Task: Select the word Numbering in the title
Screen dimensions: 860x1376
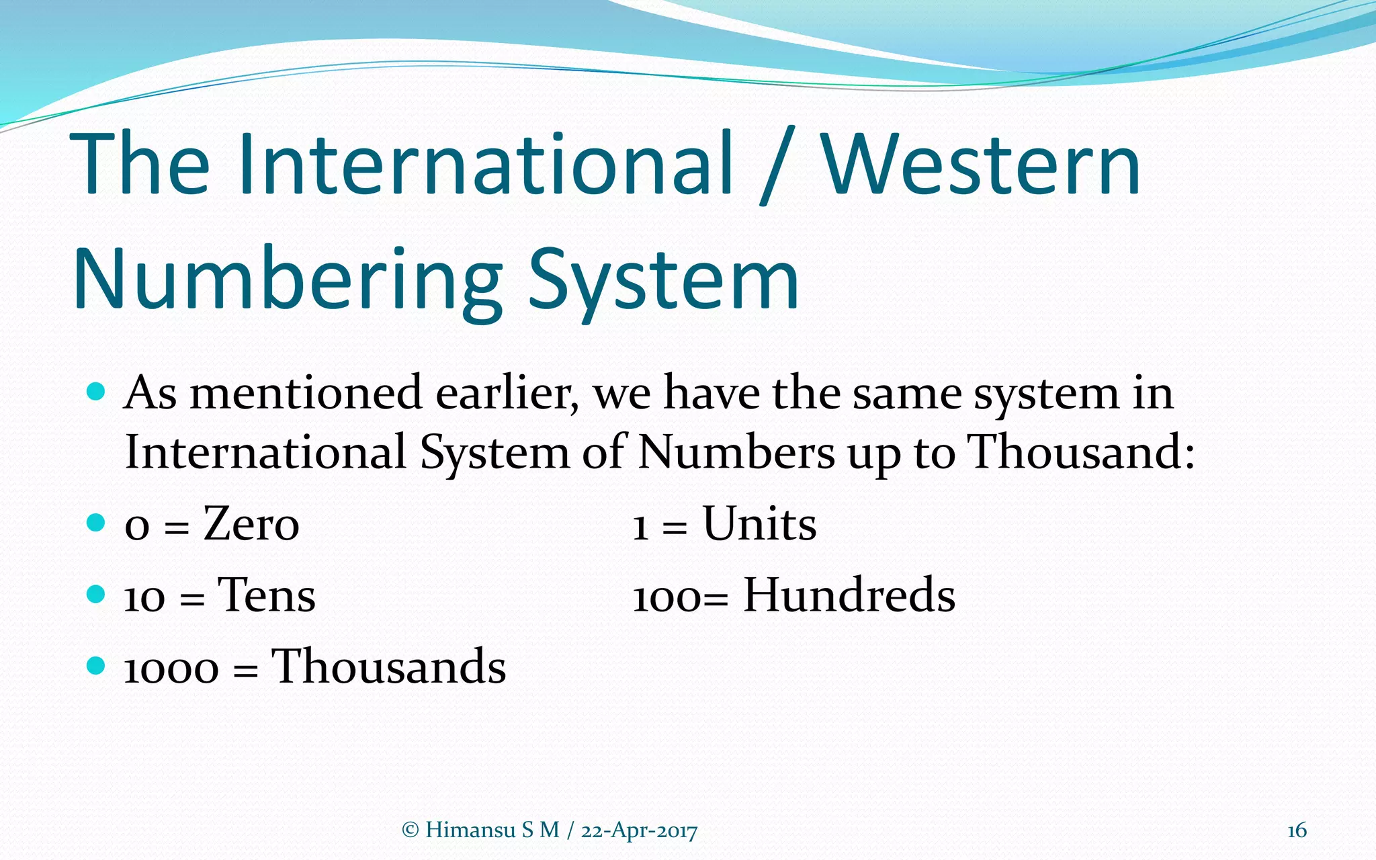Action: [288, 281]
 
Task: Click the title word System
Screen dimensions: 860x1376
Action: [663, 281]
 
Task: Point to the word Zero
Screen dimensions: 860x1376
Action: [251, 524]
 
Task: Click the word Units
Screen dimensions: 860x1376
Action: [759, 524]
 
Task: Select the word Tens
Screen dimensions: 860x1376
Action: [266, 596]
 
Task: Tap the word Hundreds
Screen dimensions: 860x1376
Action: [849, 596]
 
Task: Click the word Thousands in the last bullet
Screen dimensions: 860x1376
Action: [388, 667]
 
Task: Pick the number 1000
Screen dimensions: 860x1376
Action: [171, 670]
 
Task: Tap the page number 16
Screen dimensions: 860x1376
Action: [1296, 830]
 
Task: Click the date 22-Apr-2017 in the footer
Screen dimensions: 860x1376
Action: [639, 831]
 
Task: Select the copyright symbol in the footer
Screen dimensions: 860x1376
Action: [410, 830]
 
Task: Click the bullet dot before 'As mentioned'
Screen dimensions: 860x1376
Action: [97, 392]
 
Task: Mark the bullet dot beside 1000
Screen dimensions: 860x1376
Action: [97, 666]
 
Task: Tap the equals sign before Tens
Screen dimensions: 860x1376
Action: [191, 599]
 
